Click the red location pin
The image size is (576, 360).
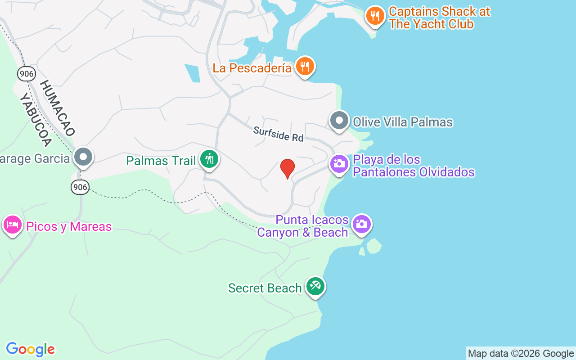point(288,168)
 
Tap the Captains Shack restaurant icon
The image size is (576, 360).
point(374,16)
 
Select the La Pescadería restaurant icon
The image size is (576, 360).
point(305,67)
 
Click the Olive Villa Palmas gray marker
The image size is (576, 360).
point(339,121)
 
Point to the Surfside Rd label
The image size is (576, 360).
point(278,134)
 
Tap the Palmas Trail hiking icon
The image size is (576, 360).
point(209,159)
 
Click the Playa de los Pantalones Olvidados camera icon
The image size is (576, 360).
point(339,164)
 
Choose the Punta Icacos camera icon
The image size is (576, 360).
point(362,224)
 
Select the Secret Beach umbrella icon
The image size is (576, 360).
point(315,286)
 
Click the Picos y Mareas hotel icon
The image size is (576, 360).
point(13,225)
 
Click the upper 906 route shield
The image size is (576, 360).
point(27,74)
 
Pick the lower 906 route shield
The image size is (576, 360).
point(80,187)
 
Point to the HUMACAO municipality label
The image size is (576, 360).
point(57,108)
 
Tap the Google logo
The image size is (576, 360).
point(31,349)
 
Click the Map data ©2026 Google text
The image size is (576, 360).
point(521,354)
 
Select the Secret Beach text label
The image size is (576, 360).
point(265,288)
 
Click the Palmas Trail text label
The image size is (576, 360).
point(161,161)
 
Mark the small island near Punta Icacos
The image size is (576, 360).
point(373,246)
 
